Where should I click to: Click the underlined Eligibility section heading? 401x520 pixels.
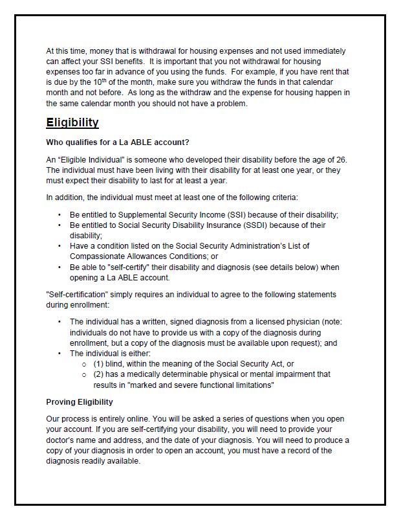coord(72,122)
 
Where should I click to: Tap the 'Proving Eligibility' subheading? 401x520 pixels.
coord(80,402)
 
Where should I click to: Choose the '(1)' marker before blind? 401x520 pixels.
coord(99,364)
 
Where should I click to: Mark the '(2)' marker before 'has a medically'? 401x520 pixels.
coord(99,374)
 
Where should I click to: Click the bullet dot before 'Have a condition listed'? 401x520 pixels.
coord(60,246)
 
